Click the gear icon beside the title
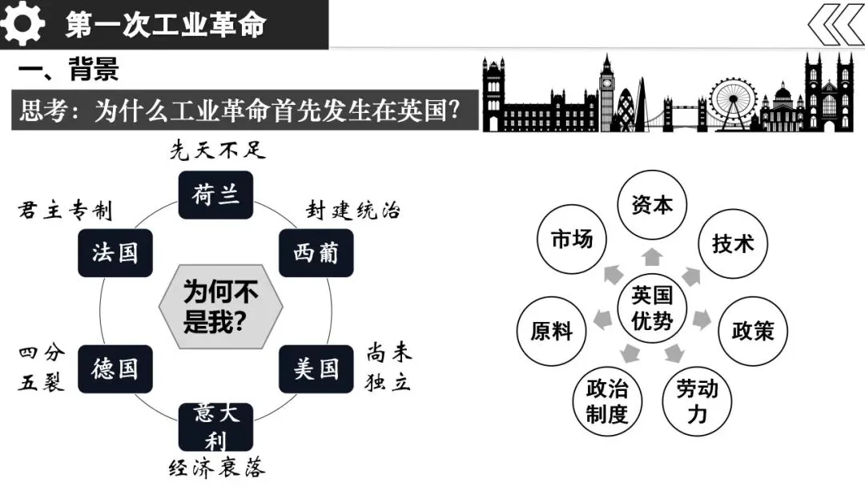[x=23, y=24]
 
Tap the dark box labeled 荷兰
[x=215, y=194]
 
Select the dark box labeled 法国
[x=115, y=253]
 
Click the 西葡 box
[x=316, y=253]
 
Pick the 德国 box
[x=115, y=369]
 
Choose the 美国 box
[x=316, y=369]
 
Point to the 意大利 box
[x=215, y=427]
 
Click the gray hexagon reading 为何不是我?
[x=220, y=307]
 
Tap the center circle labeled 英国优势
[x=652, y=308]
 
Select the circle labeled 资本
[x=652, y=205]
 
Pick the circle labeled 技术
[x=733, y=243]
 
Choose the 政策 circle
[x=753, y=329]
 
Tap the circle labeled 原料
[x=552, y=329]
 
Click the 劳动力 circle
[x=697, y=400]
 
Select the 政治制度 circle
[x=607, y=401]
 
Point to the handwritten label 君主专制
[x=65, y=211]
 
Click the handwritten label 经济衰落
[x=216, y=468]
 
